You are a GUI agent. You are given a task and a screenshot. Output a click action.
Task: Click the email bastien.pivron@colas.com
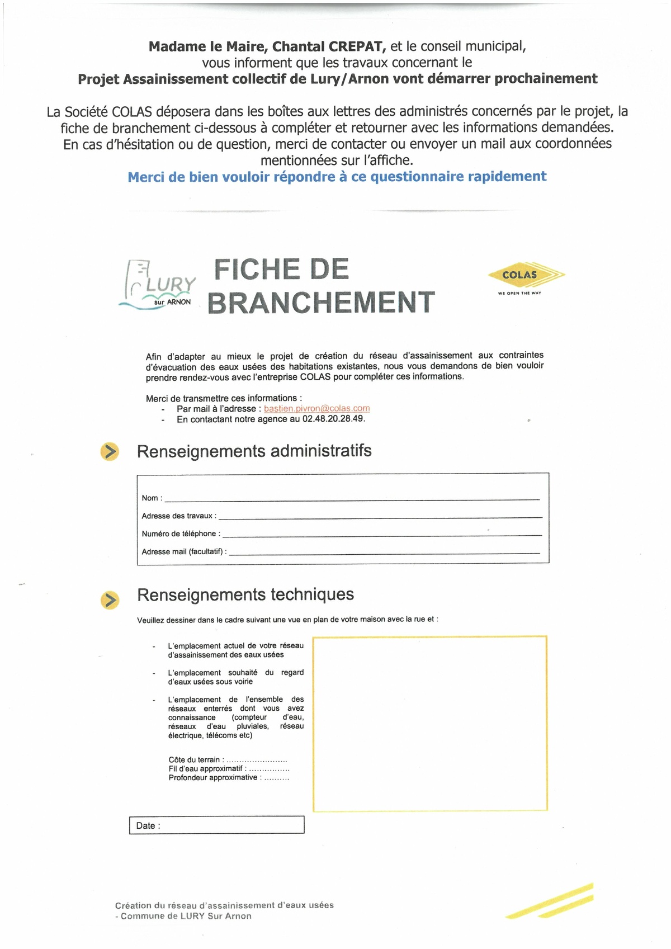316,409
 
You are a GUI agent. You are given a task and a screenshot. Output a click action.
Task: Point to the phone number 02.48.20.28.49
333,419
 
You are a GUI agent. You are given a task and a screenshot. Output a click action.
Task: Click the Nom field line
352,498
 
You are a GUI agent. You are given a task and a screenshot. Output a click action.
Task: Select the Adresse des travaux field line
380,516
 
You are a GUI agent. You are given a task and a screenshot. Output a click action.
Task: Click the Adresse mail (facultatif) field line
385,552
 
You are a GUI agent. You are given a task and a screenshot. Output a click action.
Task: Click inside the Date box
229,825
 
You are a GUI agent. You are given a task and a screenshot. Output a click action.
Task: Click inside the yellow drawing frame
429,723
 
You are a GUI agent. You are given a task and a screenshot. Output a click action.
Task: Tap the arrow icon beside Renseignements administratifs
110,451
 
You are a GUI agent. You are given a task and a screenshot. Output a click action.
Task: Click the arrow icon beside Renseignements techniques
110,600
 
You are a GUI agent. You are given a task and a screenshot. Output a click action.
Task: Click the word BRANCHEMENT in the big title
321,303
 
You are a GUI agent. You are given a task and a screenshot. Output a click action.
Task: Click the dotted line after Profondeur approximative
276,778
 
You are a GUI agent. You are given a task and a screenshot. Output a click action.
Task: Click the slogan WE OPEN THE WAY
519,293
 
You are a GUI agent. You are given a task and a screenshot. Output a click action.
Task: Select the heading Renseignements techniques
245,594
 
